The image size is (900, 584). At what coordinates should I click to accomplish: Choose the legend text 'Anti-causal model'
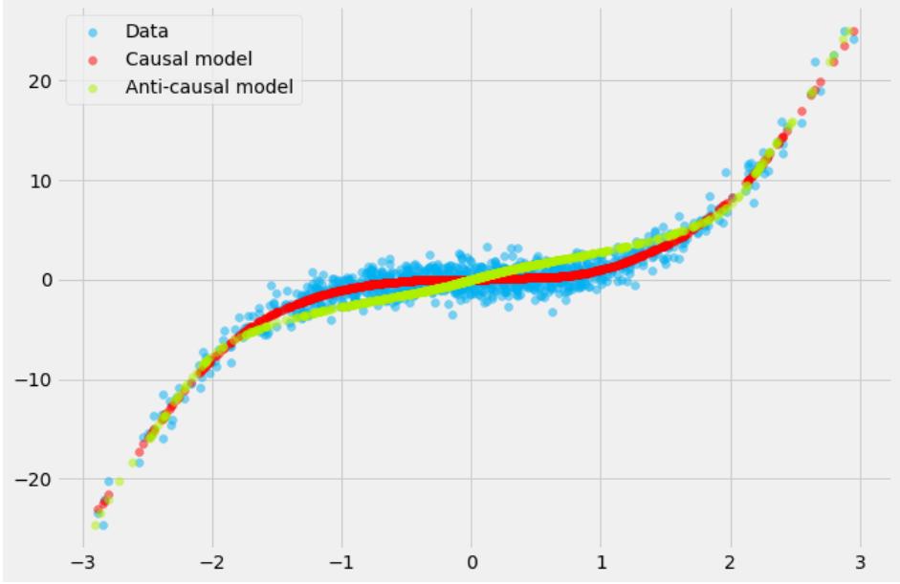click(209, 88)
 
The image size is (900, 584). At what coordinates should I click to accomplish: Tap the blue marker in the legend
click(89, 32)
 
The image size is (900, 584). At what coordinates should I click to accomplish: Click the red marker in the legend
click(89, 60)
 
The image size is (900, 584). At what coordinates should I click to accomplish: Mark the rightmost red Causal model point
click(853, 32)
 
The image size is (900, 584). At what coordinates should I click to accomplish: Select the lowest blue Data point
click(102, 525)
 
